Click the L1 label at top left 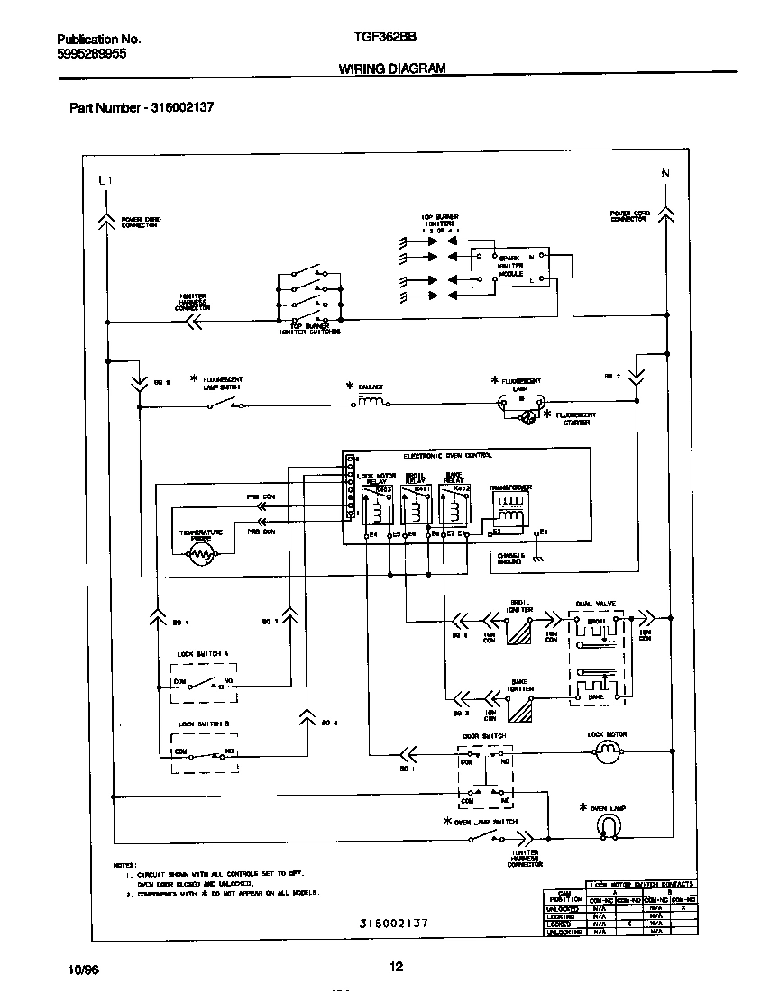click(x=105, y=181)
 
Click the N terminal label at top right click(x=665, y=173)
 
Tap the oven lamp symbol click(x=609, y=825)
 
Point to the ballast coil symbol click(x=371, y=404)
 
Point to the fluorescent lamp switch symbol click(x=225, y=405)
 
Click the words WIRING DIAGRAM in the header click(x=392, y=68)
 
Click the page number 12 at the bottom click(x=396, y=968)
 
